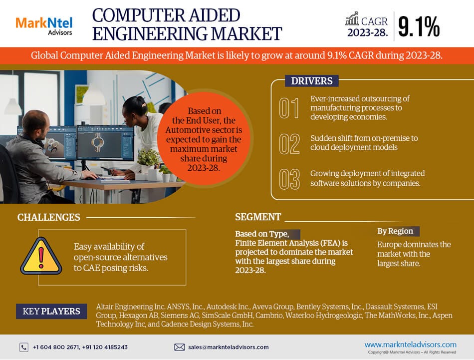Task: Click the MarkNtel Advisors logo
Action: point(44,25)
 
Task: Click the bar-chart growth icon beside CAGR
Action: point(352,19)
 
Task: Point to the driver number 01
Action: point(289,108)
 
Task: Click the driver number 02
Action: point(289,144)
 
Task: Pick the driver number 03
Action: point(289,179)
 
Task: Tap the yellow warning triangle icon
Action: point(41,255)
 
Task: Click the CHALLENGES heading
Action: point(48,217)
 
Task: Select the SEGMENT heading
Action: point(258,217)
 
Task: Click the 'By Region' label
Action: point(395,231)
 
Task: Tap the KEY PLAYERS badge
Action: point(51,312)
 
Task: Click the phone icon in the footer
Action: point(24,347)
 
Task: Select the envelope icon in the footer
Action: point(180,347)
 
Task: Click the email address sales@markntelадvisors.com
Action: point(228,347)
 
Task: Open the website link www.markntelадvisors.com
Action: point(410,344)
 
